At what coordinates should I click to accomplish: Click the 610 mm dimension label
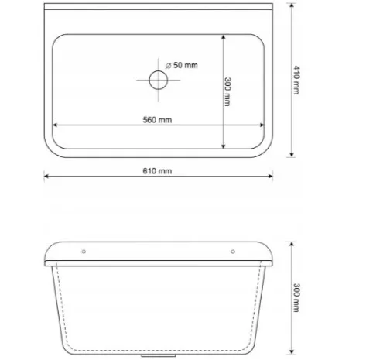point(157,171)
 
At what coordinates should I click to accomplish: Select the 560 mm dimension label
point(157,120)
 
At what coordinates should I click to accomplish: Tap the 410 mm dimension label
point(296,80)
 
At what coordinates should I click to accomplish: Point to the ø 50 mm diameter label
point(182,65)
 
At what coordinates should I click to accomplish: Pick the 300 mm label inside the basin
point(227,91)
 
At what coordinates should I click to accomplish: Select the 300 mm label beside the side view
point(296,298)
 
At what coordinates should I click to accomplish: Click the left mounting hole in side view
point(84,252)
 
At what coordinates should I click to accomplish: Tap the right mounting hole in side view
point(233,252)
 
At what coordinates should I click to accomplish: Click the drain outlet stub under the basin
point(159,355)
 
